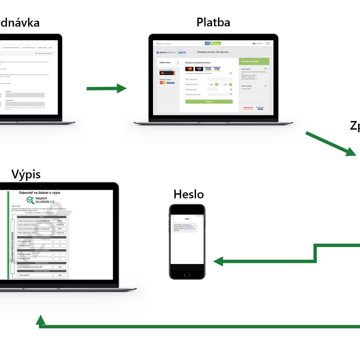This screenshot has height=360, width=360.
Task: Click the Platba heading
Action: [213, 22]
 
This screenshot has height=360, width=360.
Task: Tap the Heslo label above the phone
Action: [188, 194]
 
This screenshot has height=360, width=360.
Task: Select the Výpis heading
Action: [26, 174]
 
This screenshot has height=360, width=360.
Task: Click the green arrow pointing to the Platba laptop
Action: [106, 88]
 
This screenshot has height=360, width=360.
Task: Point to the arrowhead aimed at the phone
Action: [218, 261]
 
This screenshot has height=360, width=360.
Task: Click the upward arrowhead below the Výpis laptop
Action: [41, 320]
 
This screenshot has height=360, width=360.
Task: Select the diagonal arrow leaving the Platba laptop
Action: [330, 144]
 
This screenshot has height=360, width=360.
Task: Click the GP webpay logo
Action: [213, 43]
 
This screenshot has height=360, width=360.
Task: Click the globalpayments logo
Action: [165, 52]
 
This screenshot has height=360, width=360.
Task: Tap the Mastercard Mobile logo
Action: [167, 82]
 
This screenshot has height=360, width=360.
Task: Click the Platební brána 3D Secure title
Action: [213, 52]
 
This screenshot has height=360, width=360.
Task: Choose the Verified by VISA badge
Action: [260, 108]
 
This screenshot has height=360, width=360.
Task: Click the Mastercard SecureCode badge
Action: [249, 108]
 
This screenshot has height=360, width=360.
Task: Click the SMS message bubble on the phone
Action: [185, 227]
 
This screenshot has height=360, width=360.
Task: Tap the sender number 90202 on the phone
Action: [187, 219]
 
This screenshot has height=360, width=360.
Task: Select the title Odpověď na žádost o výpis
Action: [40, 193]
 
